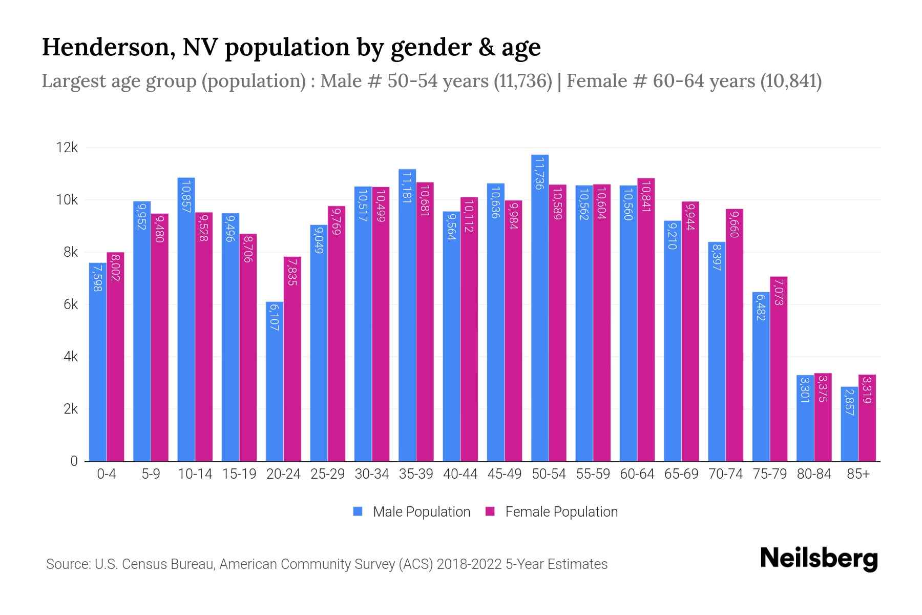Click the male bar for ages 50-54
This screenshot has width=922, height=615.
(x=540, y=307)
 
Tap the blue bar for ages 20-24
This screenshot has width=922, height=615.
(x=275, y=382)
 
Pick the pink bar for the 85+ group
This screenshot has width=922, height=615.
(x=867, y=418)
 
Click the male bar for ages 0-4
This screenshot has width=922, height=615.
(x=98, y=362)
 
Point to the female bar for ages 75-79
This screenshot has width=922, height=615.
(x=779, y=369)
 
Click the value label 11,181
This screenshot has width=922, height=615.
(x=407, y=188)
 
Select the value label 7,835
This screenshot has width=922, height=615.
(x=292, y=272)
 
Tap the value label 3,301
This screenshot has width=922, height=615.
(x=805, y=390)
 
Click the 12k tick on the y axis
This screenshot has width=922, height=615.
(x=67, y=148)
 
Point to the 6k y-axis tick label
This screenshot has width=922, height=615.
(x=71, y=305)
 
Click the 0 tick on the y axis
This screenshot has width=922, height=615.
(x=74, y=461)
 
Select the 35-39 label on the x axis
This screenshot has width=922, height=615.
(x=416, y=474)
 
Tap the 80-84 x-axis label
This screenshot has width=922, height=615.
(x=814, y=474)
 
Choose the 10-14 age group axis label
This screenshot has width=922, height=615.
(x=195, y=474)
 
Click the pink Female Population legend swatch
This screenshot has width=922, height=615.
(x=490, y=511)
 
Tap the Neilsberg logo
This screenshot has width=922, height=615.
(x=819, y=559)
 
